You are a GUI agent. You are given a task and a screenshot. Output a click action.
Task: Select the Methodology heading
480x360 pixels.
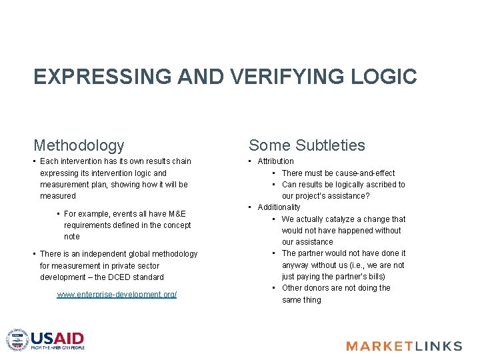(79, 145)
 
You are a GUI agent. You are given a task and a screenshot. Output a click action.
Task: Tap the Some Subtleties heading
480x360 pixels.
(307, 145)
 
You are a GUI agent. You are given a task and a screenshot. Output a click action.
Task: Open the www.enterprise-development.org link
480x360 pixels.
(117, 295)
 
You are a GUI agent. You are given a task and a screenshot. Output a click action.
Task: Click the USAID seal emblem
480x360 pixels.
(18, 339)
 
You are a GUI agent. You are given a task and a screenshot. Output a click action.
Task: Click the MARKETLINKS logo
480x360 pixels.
(404, 345)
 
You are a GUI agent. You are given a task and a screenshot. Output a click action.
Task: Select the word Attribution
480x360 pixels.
(275, 161)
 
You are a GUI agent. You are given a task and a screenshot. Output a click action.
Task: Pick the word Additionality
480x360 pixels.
(279, 207)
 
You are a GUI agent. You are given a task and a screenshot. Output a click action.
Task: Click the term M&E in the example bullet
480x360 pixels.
(176, 214)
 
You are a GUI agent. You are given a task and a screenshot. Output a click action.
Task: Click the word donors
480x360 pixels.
(322, 288)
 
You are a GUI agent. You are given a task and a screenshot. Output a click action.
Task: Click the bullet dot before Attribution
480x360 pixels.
(250, 161)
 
